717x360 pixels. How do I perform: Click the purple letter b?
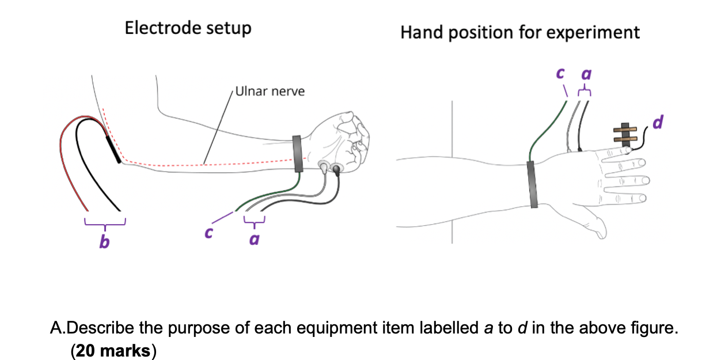[x=104, y=242]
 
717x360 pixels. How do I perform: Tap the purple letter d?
[x=660, y=122]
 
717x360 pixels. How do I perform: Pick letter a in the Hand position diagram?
[x=586, y=75]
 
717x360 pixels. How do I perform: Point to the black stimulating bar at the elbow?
[x=113, y=147]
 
